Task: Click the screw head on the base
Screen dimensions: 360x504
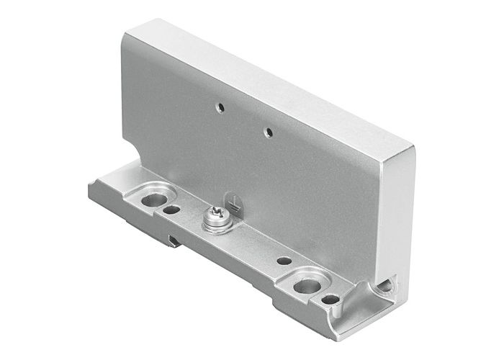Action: (215, 215)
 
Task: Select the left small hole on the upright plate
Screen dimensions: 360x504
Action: (220, 107)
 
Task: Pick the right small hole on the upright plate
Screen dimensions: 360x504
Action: (268, 132)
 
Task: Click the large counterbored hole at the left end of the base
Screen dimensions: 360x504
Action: (153, 199)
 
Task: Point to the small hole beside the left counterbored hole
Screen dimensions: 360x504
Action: (171, 210)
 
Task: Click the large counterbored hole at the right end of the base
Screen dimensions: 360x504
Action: (307, 285)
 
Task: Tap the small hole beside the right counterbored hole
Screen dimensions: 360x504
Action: (330, 299)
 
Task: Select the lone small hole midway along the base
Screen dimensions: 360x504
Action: (284, 261)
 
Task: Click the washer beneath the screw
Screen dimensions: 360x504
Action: (215, 224)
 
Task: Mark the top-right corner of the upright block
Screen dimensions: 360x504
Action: (414, 148)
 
